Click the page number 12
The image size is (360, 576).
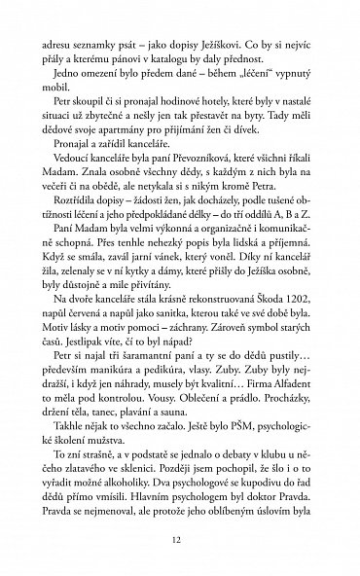179,537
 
